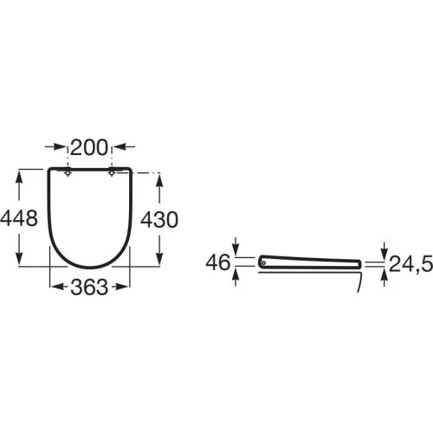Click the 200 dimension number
[89, 147]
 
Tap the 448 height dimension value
[19, 218]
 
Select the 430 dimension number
[159, 220]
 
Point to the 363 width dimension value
[89, 288]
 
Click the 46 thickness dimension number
[218, 262]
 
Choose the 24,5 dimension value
[410, 264]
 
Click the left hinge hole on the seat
[68, 173]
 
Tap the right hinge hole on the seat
[112, 173]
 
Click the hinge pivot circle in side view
[263, 262]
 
